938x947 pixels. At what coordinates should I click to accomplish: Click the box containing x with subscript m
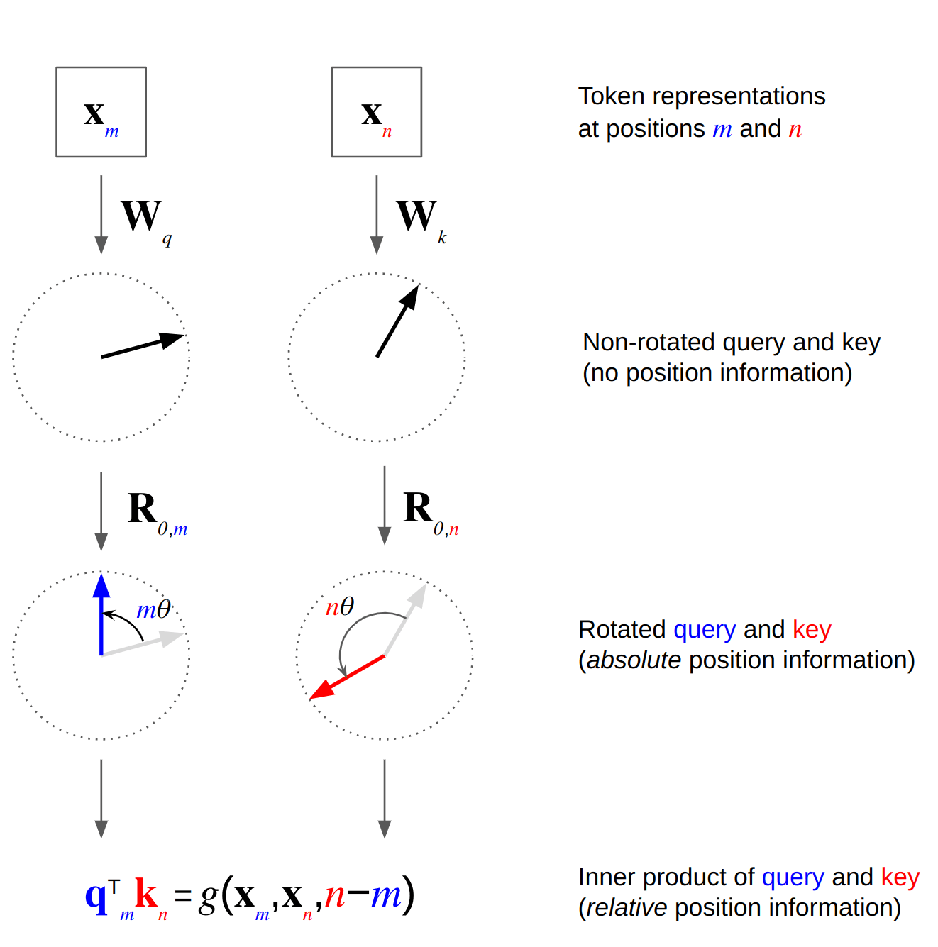click(x=101, y=112)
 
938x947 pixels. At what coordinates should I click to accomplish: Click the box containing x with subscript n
click(x=376, y=112)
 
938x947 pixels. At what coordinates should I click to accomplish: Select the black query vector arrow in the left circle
click(x=142, y=346)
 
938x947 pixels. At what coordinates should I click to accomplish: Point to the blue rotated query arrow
click(x=101, y=614)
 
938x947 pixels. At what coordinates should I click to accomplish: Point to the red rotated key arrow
click(x=348, y=677)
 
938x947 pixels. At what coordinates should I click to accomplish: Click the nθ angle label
click(x=339, y=607)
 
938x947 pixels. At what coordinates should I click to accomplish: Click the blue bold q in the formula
click(x=95, y=895)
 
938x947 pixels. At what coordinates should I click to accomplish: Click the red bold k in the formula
click(x=145, y=894)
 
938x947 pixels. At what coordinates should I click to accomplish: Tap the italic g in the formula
click(x=208, y=897)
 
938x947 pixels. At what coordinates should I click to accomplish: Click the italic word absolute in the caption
click(x=634, y=660)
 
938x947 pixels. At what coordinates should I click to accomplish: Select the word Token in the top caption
click(x=611, y=96)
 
